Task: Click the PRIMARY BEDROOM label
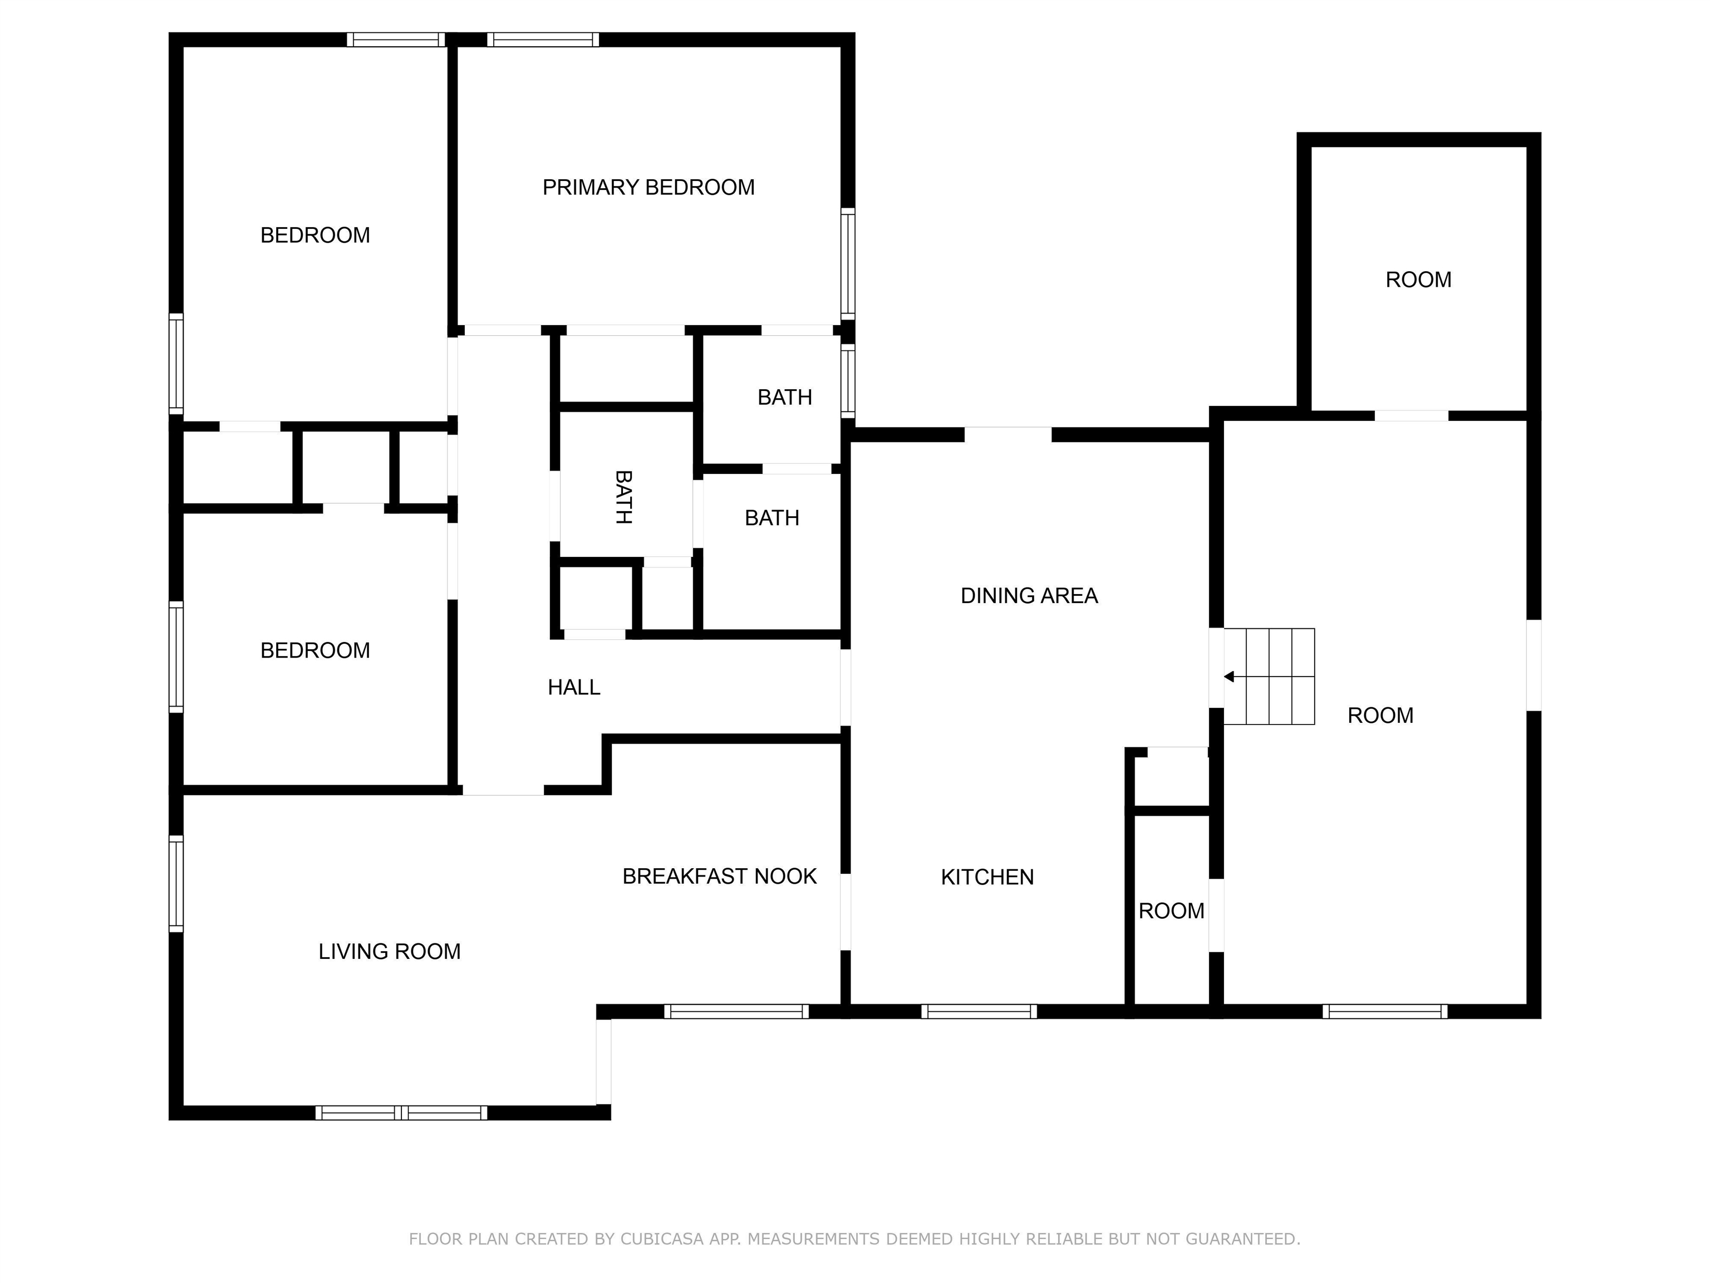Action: point(648,187)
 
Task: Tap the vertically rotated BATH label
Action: point(623,497)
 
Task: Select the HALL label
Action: point(573,687)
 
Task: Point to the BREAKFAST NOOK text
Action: point(719,876)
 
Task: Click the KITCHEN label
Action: point(987,877)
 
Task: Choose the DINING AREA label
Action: point(1029,595)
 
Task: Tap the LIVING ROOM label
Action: point(390,951)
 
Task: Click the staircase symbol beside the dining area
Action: point(1269,677)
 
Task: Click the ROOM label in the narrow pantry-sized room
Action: point(1171,911)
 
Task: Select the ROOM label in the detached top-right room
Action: point(1418,279)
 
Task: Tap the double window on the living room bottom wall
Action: point(401,1113)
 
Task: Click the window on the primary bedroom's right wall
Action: point(848,263)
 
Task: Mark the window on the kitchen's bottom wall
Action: point(978,1011)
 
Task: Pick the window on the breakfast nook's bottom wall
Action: point(736,1011)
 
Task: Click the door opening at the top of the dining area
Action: point(1008,434)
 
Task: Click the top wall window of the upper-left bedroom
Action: point(396,40)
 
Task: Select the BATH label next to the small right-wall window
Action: point(785,398)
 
